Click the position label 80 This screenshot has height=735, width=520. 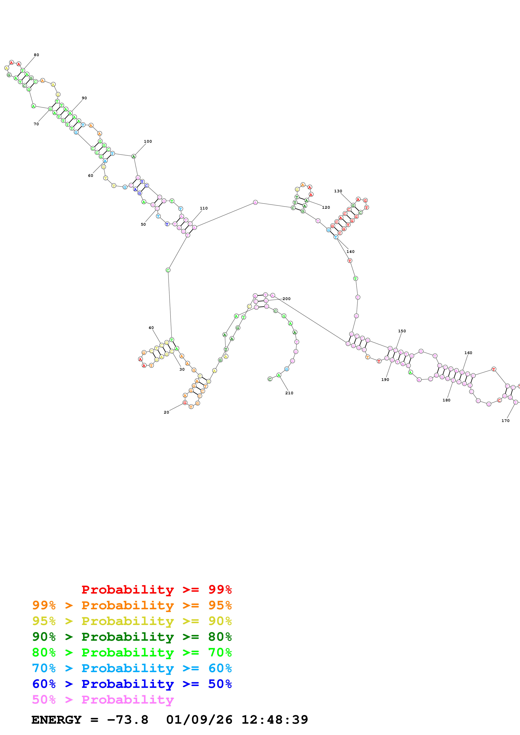(x=36, y=55)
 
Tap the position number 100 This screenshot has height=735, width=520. (x=148, y=141)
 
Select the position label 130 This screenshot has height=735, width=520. (x=338, y=191)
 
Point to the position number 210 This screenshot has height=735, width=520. (x=289, y=393)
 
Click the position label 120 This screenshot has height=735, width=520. (x=326, y=207)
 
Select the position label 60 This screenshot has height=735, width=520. (x=91, y=175)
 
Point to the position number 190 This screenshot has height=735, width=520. (x=385, y=379)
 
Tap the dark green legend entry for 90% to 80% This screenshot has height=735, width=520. (x=132, y=637)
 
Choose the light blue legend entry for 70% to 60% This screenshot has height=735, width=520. (x=132, y=668)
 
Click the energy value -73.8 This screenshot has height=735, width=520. (x=128, y=720)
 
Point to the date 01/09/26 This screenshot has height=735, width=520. (x=199, y=720)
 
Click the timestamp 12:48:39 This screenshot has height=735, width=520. (x=275, y=720)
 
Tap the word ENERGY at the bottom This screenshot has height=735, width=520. (x=56, y=720)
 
